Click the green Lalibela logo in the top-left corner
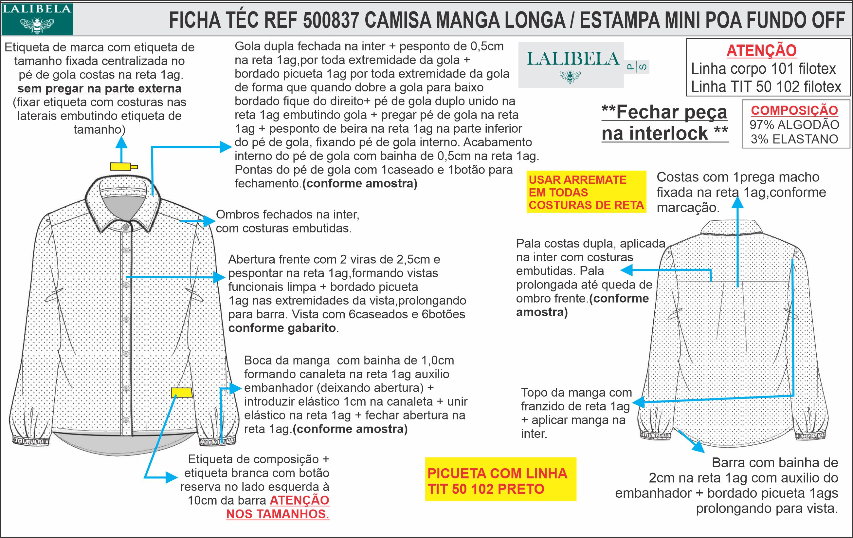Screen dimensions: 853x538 [37, 19]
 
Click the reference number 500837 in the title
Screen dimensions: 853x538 [331, 20]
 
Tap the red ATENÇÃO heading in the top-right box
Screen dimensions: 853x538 [761, 50]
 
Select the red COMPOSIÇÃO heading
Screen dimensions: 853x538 [794, 110]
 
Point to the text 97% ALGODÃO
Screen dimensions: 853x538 [794, 125]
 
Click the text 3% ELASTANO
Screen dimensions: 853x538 [794, 139]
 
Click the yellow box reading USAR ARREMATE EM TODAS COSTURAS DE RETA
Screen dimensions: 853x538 [586, 192]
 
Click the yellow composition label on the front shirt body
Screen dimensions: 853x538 [182, 392]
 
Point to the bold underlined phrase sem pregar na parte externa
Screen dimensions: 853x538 [100, 88]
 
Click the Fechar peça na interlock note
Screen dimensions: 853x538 [664, 122]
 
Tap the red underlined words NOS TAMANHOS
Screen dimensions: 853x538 [278, 514]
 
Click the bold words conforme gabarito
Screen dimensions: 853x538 [282, 328]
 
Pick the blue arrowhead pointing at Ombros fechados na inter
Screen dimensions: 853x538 [209, 221]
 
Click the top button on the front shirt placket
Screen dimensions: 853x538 [125, 227]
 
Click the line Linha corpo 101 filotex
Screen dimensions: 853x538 [763, 69]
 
